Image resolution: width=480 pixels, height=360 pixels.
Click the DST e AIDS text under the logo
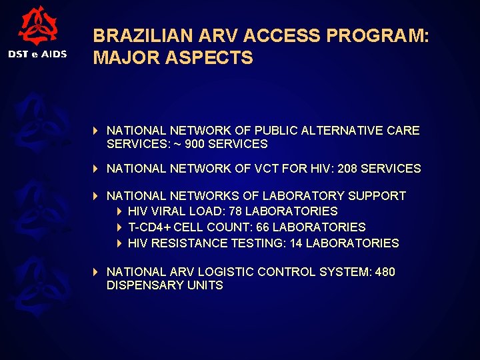point(37,54)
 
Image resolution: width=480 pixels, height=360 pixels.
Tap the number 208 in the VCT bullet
point(347,169)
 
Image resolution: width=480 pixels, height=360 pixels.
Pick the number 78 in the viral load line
point(235,211)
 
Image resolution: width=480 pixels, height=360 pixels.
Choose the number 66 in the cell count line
point(263,227)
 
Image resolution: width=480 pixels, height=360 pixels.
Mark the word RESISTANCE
point(189,243)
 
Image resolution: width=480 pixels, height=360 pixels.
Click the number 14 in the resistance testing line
point(295,243)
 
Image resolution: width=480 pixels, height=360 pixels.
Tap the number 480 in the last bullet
point(385,272)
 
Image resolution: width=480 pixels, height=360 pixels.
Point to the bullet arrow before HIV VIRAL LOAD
point(119,211)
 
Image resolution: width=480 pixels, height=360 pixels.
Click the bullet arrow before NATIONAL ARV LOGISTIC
point(96,272)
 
